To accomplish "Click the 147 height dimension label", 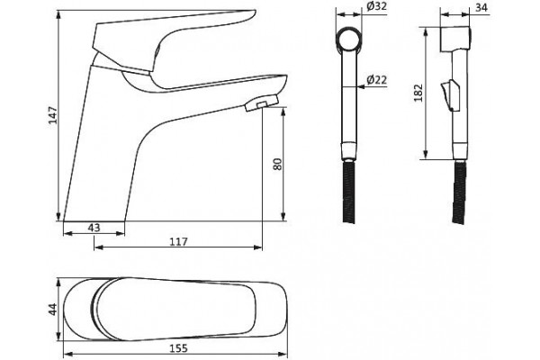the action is [53, 115].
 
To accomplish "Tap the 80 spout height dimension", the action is [277, 164].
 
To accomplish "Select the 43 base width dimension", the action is [94, 228].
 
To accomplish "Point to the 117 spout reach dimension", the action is [179, 242].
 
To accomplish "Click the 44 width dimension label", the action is [53, 309].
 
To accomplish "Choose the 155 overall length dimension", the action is [179, 348].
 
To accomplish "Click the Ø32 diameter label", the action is [376, 6].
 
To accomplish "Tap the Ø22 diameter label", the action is [376, 80].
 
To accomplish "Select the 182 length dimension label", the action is [418, 93].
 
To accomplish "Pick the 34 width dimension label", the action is [481, 7].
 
